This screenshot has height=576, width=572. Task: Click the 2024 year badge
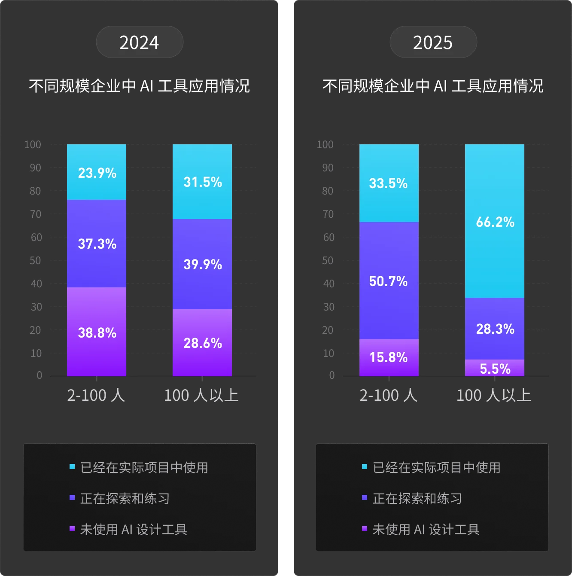[140, 42]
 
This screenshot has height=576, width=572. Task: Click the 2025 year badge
[433, 42]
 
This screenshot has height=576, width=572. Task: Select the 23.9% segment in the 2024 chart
[97, 172]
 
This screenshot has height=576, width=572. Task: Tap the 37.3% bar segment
[97, 244]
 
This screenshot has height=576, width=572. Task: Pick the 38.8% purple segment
[97, 332]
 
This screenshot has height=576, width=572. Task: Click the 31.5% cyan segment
[202, 182]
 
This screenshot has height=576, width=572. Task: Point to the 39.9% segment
[202, 264]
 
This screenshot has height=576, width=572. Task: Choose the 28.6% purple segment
[202, 343]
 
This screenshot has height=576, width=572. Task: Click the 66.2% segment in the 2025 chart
[495, 221]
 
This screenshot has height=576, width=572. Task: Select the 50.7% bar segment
[389, 281]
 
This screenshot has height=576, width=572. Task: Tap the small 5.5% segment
[495, 368]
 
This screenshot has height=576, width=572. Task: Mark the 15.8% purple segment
[389, 357]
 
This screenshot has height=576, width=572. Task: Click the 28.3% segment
[495, 329]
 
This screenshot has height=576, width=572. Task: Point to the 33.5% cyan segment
[389, 183]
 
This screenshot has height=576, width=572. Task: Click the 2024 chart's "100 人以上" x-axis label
[201, 395]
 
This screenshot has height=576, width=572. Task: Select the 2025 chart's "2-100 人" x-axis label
[389, 395]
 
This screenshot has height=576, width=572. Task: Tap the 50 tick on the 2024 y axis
[36, 260]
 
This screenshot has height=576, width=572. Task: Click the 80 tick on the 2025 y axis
[328, 191]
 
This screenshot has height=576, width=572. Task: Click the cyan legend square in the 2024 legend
[72, 467]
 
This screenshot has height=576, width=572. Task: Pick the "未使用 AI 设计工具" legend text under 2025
[426, 530]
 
